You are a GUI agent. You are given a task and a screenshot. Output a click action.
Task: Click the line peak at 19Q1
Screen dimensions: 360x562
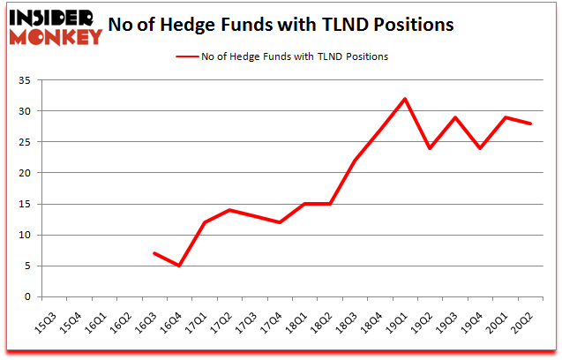tap(405, 99)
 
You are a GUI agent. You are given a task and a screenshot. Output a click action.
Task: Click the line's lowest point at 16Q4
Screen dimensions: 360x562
tap(179, 266)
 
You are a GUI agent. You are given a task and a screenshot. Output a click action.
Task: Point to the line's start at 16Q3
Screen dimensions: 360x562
tap(154, 253)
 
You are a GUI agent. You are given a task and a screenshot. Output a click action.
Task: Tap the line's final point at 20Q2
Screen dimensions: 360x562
tap(530, 124)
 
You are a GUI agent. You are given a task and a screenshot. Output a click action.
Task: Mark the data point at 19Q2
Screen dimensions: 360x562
tap(430, 148)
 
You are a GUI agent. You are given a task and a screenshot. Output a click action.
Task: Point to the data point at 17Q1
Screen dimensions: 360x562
tap(204, 222)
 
